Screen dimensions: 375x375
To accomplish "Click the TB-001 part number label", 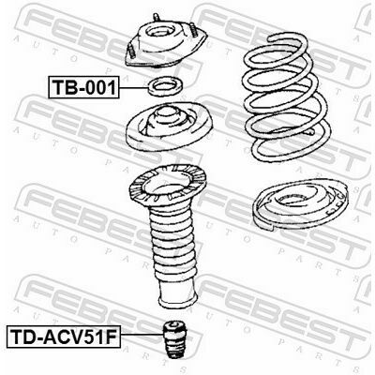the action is click(x=83, y=87).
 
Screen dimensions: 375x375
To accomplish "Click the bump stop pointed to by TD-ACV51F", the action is click(x=175, y=338).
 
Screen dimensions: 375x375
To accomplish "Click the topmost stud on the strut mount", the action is click(x=156, y=18).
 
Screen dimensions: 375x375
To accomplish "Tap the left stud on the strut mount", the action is click(x=130, y=51).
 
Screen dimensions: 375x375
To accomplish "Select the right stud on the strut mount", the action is click(x=194, y=32).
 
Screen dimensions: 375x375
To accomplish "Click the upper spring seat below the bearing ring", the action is click(x=169, y=127).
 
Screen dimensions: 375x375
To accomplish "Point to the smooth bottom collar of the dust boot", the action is click(x=177, y=293).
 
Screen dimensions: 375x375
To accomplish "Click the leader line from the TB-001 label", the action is click(x=133, y=88).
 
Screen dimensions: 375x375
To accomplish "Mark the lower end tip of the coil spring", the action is click(x=311, y=132).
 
